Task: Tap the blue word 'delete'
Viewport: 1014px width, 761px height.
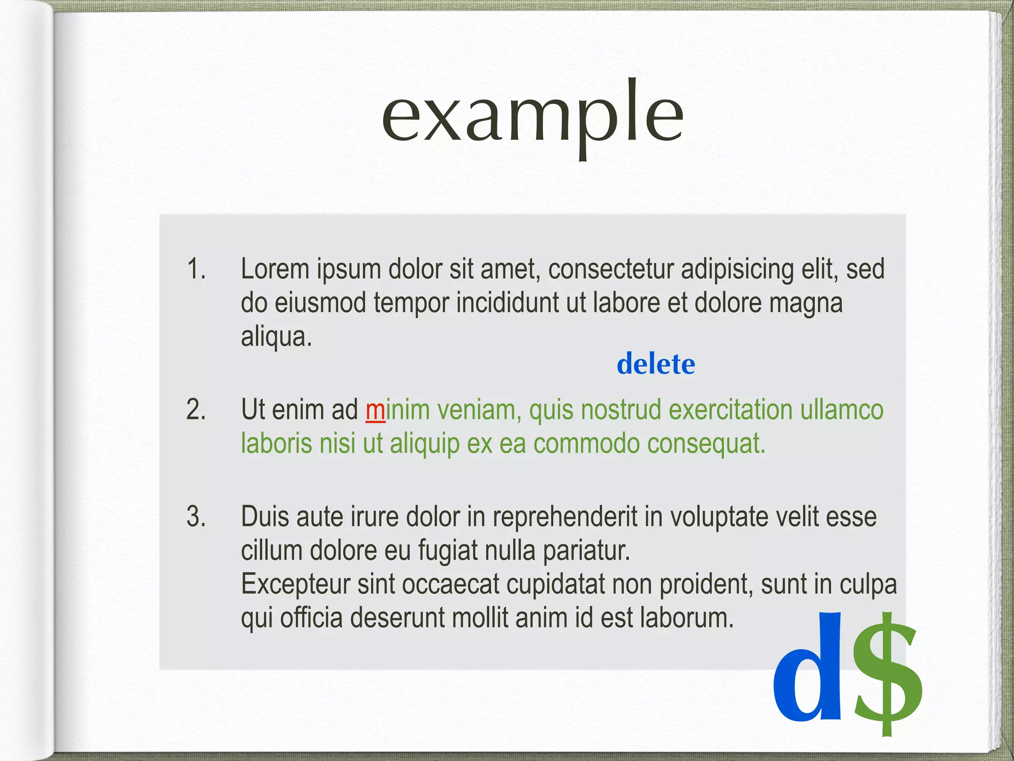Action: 656,364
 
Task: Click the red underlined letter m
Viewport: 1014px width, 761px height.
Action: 375,410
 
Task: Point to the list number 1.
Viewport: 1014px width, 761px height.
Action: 196,269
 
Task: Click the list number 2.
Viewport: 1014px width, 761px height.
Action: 196,410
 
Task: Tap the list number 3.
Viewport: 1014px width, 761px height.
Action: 196,516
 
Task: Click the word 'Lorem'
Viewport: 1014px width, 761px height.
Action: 275,269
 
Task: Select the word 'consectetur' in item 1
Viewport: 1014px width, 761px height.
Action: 610,269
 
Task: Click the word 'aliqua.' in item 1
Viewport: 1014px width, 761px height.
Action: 276,337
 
